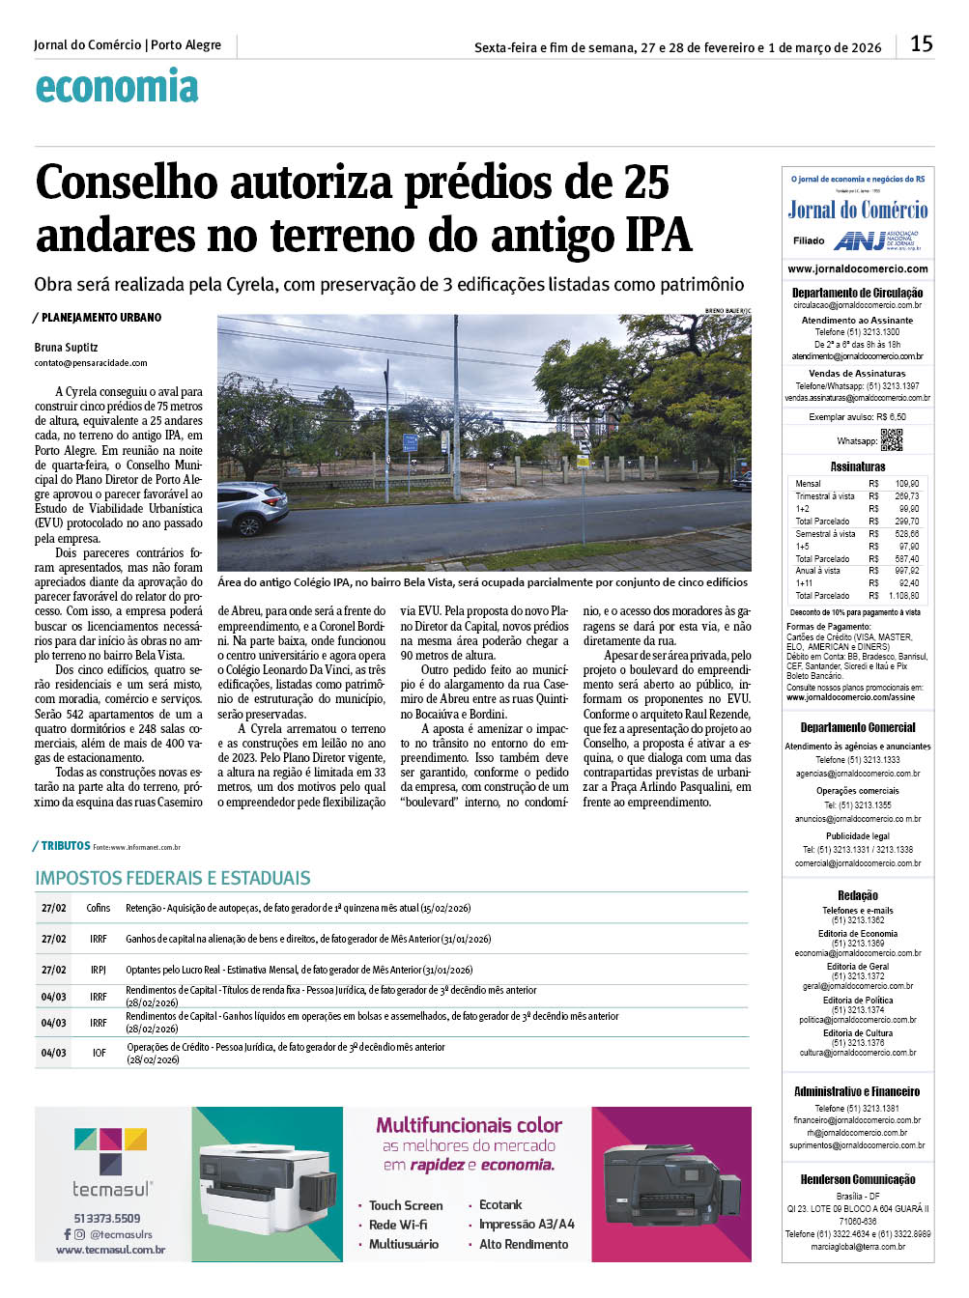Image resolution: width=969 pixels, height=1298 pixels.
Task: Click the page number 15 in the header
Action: pyautogui.click(x=921, y=43)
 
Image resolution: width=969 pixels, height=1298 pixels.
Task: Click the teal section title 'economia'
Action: pyautogui.click(x=117, y=88)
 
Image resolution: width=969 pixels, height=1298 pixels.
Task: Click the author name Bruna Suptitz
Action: pyautogui.click(x=66, y=347)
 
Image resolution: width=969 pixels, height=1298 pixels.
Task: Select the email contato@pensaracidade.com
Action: pyautogui.click(x=91, y=363)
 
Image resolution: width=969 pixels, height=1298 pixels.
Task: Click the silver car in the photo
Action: pyautogui.click(x=251, y=507)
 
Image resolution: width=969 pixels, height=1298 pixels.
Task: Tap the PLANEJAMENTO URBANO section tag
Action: pyautogui.click(x=100, y=317)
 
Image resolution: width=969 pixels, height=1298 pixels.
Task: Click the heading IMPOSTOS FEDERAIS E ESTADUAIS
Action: pyautogui.click(x=173, y=878)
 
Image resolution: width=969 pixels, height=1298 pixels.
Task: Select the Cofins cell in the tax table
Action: pyautogui.click(x=99, y=908)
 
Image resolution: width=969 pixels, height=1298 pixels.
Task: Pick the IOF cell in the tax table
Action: pyautogui.click(x=99, y=1053)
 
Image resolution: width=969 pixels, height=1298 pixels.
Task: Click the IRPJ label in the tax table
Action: pyautogui.click(x=99, y=970)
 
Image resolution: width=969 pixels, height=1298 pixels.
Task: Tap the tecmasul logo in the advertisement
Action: pyautogui.click(x=112, y=1163)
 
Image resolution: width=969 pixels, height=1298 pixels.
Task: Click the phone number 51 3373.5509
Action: pyautogui.click(x=107, y=1218)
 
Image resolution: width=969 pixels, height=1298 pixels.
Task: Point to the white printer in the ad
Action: pyautogui.click(x=263, y=1185)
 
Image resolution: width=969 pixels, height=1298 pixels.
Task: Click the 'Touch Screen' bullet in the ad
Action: pyautogui.click(x=406, y=1205)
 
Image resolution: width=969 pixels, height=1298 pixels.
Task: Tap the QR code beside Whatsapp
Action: pyautogui.click(x=892, y=440)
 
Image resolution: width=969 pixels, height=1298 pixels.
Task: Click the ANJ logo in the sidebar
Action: pyautogui.click(x=860, y=240)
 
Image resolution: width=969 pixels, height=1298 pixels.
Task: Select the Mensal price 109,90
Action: pyautogui.click(x=907, y=483)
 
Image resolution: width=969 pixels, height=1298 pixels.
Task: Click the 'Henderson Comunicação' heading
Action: pyautogui.click(x=858, y=1179)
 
